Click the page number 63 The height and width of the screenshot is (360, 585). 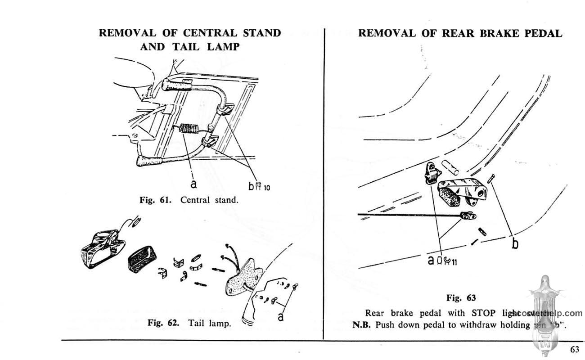pyautogui.click(x=574, y=350)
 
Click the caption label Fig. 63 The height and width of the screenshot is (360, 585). pyautogui.click(x=461, y=297)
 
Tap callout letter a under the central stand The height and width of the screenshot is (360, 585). pyautogui.click(x=193, y=184)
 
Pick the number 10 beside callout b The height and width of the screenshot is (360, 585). pyautogui.click(x=267, y=188)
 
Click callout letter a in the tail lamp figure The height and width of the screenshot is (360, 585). pyautogui.click(x=281, y=316)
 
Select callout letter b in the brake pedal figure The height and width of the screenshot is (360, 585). pyautogui.click(x=515, y=243)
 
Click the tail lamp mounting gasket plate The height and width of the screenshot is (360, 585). pyautogui.click(x=242, y=279)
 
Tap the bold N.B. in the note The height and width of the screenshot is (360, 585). pyautogui.click(x=360, y=324)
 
